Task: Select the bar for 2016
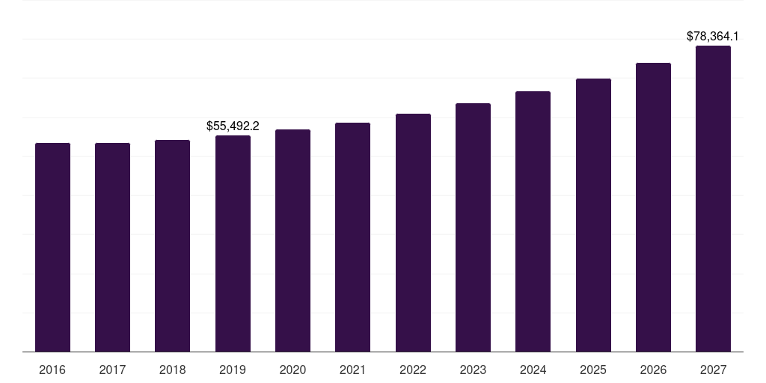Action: point(52,247)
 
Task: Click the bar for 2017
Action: point(112,247)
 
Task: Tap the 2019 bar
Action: point(233,243)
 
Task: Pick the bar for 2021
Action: point(352,237)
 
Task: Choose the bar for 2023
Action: point(473,227)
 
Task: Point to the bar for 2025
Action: point(593,215)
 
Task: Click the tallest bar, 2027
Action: point(713,198)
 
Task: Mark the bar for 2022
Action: point(413,233)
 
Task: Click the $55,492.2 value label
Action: point(233,126)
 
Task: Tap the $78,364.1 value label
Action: point(713,36)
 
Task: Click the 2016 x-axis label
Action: point(52,370)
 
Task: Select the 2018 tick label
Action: point(172,370)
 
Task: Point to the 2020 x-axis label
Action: point(292,370)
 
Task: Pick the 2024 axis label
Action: point(533,370)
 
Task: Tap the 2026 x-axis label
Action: point(653,370)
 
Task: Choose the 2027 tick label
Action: point(713,370)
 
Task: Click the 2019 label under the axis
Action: point(233,370)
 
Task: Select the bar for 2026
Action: point(653,207)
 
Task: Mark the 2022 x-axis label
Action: point(413,370)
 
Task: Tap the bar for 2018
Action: point(172,245)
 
